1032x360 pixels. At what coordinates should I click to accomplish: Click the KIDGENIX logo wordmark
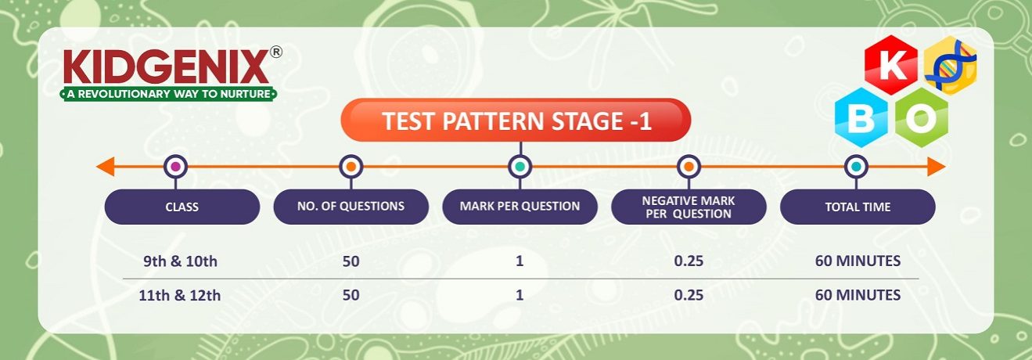click(167, 67)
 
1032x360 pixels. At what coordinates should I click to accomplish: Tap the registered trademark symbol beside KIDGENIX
click(276, 52)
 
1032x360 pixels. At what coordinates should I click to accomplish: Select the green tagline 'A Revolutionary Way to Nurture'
click(169, 94)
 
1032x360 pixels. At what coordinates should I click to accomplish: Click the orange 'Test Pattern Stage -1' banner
click(516, 121)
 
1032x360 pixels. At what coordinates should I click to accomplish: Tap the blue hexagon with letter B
click(861, 117)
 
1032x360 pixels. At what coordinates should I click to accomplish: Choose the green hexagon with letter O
click(921, 117)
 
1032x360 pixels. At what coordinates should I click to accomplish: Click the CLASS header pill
click(182, 207)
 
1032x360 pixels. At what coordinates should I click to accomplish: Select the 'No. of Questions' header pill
click(351, 207)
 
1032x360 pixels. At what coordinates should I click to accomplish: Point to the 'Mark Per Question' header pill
click(520, 207)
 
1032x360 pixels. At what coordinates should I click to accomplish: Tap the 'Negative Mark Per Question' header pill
click(689, 207)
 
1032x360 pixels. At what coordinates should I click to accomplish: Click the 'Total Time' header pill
click(858, 207)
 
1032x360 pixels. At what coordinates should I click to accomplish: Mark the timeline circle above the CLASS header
click(175, 167)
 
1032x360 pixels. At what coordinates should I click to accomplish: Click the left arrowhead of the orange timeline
click(105, 167)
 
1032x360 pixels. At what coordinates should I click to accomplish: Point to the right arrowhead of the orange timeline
click(937, 167)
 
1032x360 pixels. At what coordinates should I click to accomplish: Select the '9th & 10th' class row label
click(180, 261)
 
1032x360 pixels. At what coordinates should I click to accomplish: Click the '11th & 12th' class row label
click(180, 295)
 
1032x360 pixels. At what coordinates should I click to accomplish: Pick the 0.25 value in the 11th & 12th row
click(689, 295)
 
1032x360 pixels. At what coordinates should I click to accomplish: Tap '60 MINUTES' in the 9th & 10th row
click(858, 261)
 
